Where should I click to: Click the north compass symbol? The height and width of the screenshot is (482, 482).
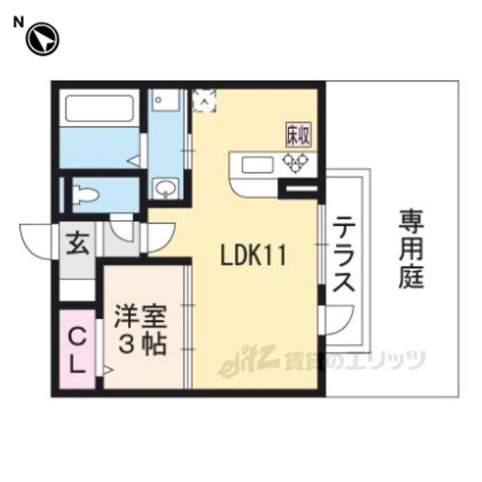tap(42, 39)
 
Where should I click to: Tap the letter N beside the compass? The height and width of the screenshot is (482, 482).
tap(18, 23)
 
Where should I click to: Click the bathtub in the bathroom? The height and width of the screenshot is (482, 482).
tap(99, 108)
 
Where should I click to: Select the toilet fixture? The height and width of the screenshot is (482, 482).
tap(86, 194)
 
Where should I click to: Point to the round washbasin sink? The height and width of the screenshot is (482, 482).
tap(166, 188)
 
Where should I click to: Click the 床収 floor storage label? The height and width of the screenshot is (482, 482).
tap(298, 135)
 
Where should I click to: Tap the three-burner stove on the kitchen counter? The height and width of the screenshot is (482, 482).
tap(295, 163)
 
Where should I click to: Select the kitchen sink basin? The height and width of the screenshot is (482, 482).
tap(258, 165)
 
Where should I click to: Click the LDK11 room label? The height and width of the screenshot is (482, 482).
tap(254, 255)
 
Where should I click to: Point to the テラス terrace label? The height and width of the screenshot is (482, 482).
tap(343, 255)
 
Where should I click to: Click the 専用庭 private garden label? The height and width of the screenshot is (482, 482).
tap(412, 249)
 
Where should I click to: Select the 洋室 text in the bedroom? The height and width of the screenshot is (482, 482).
tap(141, 316)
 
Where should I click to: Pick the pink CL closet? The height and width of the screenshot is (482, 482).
tap(77, 349)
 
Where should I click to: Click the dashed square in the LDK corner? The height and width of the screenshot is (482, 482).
tap(204, 100)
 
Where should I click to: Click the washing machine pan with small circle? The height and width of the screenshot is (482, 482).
tap(166, 100)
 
